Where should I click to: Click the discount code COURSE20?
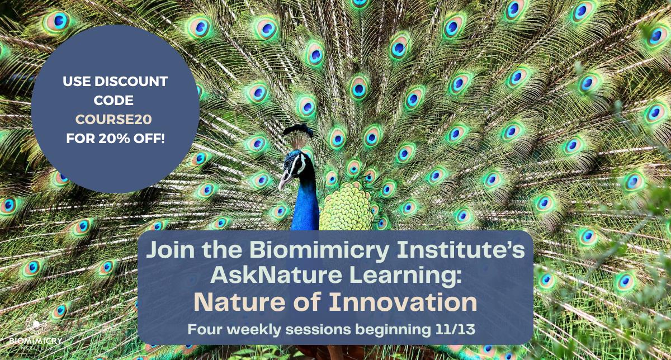tap(115, 119)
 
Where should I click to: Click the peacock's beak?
tap(285, 181)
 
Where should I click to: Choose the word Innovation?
tap(403, 302)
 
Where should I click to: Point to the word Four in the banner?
tap(206, 329)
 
